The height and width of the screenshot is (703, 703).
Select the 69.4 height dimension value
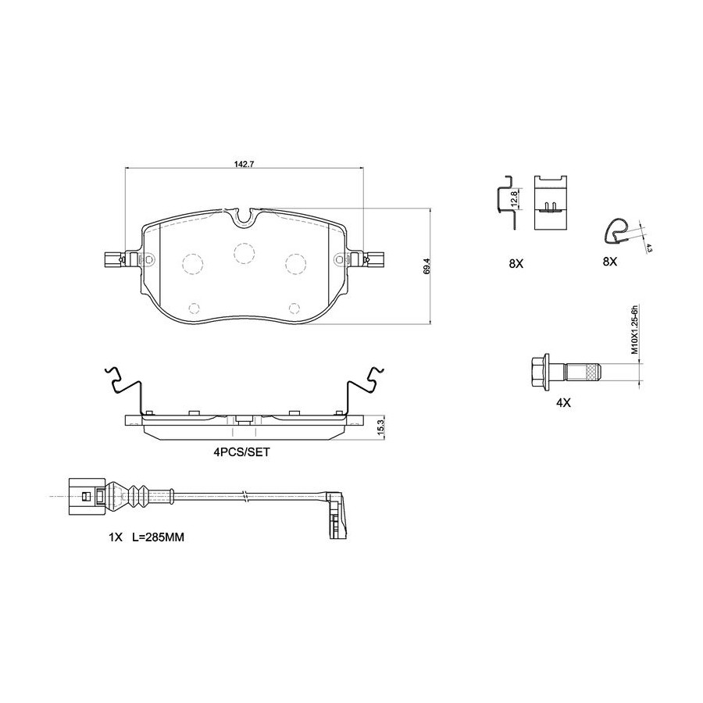426,266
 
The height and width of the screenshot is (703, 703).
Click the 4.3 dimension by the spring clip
649,248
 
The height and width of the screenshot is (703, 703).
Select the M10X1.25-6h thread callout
634,330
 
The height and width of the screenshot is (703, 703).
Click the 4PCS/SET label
241,452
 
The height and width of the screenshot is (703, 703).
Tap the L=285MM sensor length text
159,537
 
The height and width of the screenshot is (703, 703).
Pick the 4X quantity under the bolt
563,402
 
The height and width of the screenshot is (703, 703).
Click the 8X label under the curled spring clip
610,262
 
